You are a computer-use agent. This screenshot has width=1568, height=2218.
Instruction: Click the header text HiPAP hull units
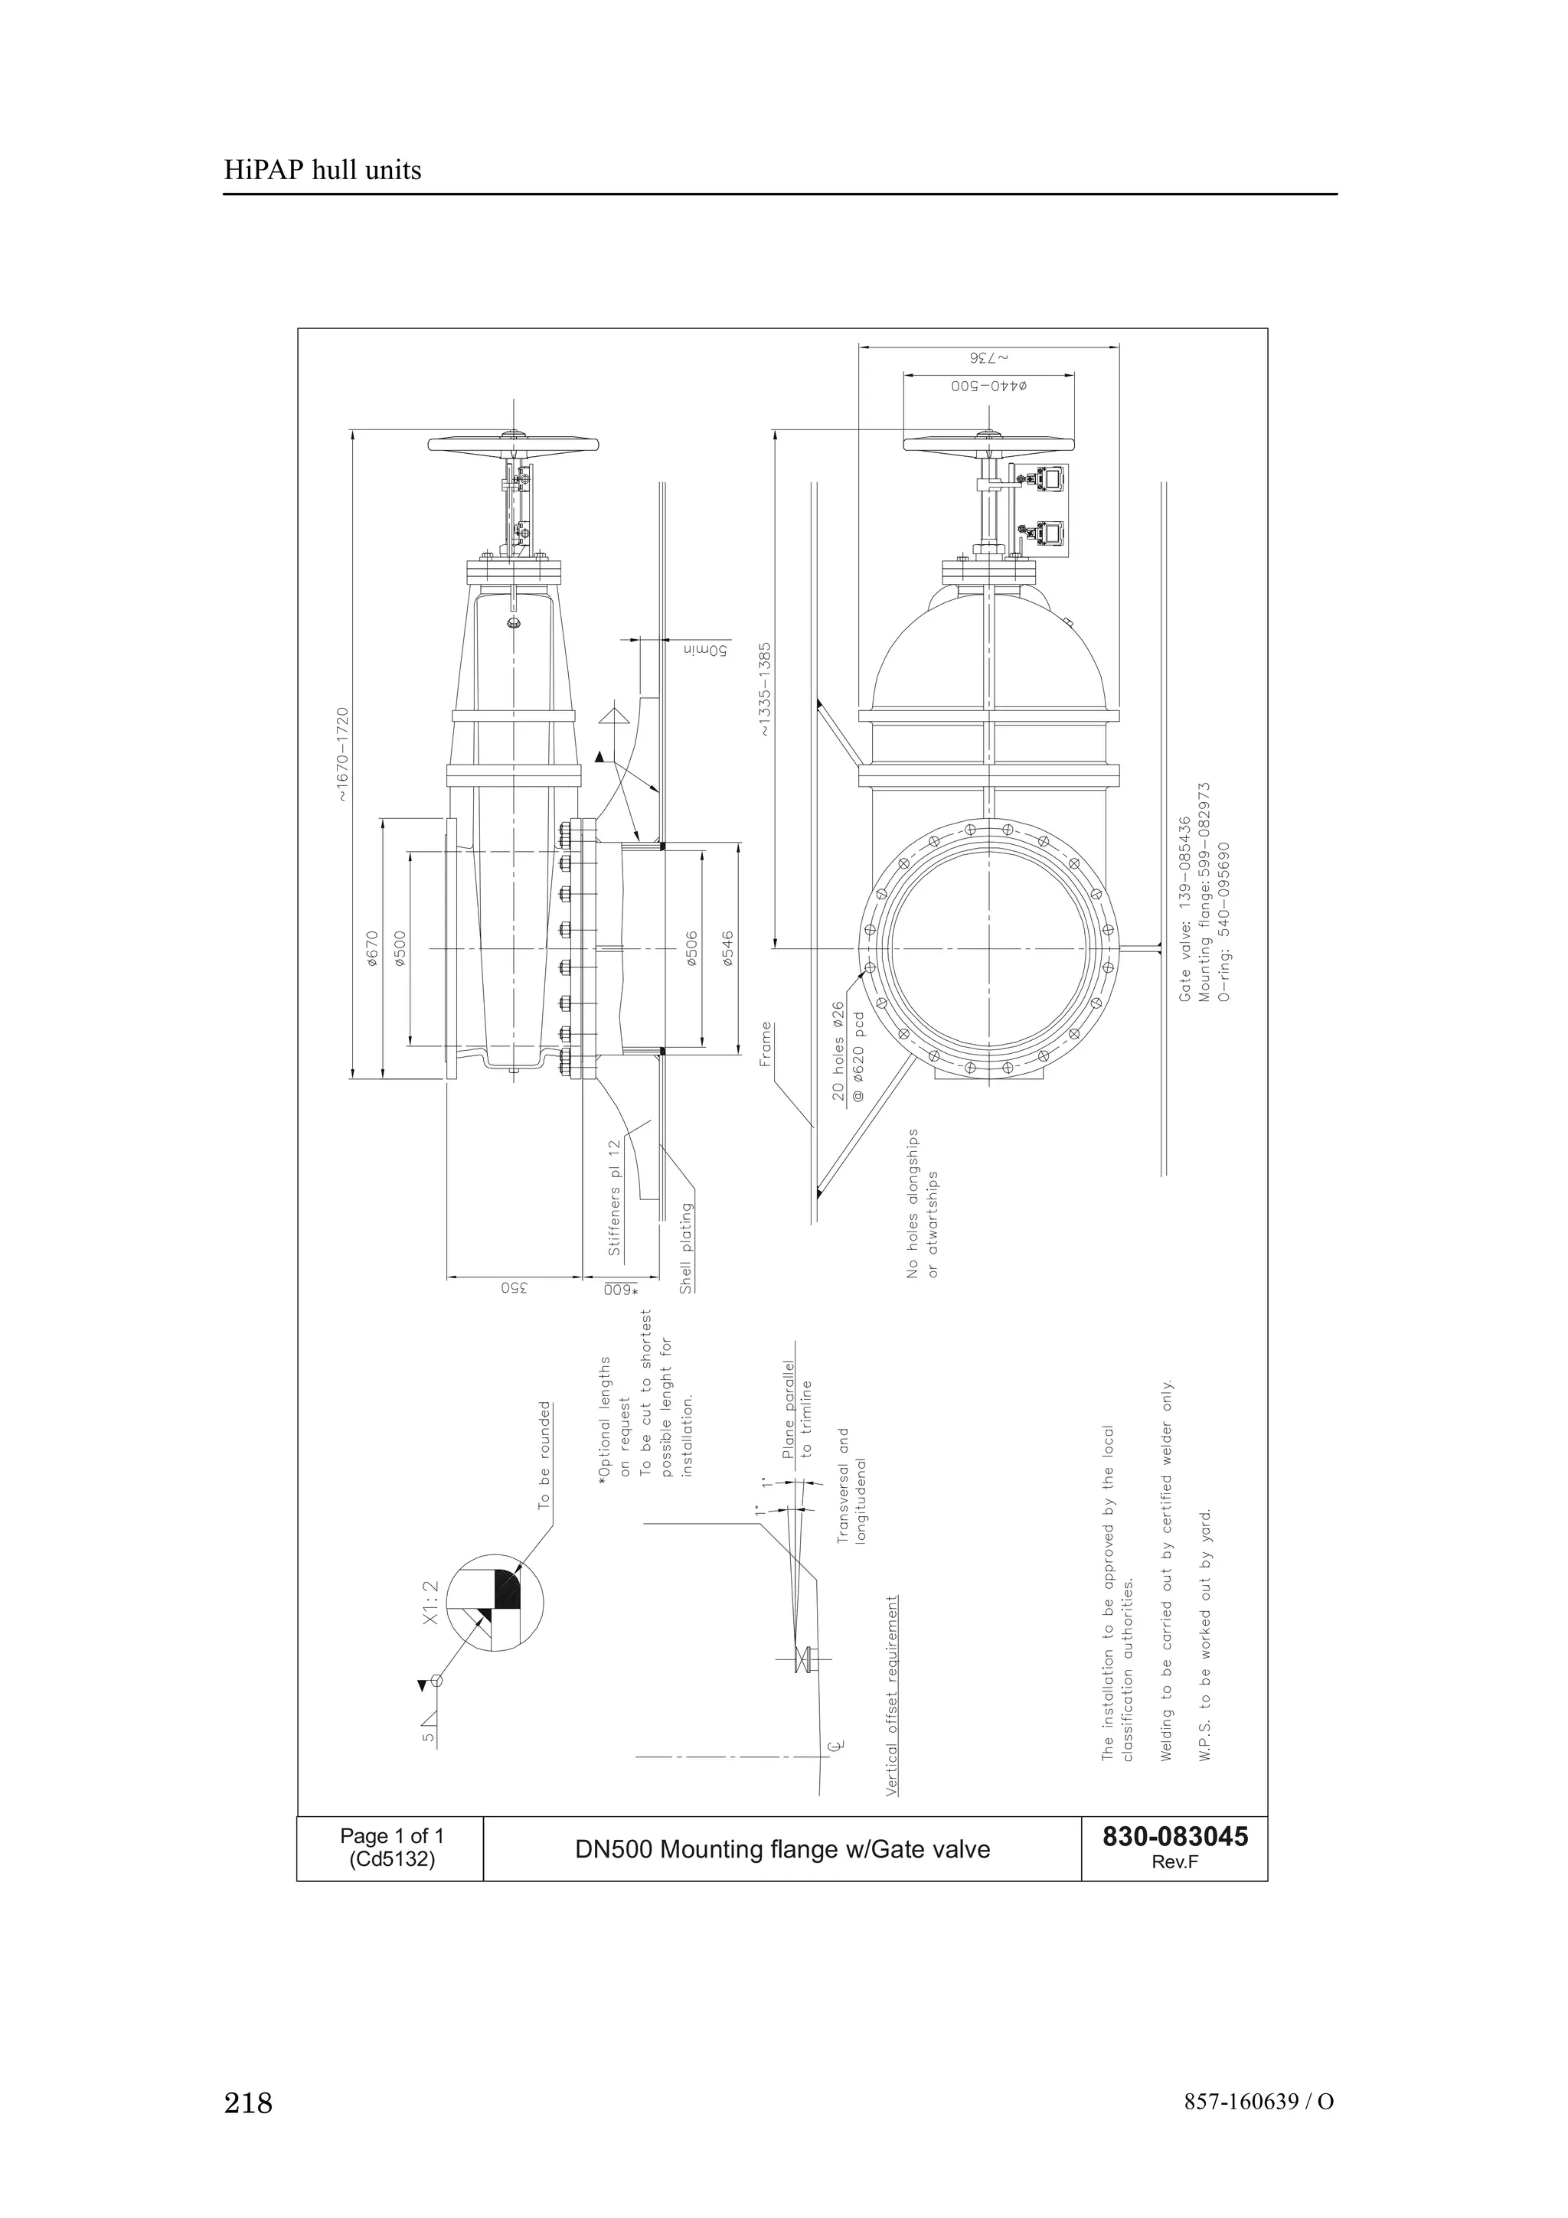(322, 171)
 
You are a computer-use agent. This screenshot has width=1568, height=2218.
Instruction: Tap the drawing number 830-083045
(1174, 1835)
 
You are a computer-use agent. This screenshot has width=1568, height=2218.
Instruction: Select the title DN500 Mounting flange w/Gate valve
(782, 1849)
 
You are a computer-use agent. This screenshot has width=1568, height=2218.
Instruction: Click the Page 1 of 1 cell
(391, 1836)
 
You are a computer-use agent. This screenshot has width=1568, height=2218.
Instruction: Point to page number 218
(248, 2102)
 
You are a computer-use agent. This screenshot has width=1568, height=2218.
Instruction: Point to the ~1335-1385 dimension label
(765, 690)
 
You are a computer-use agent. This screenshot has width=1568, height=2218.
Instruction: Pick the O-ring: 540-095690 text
(1225, 921)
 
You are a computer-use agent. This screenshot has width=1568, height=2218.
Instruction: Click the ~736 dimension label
(988, 357)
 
